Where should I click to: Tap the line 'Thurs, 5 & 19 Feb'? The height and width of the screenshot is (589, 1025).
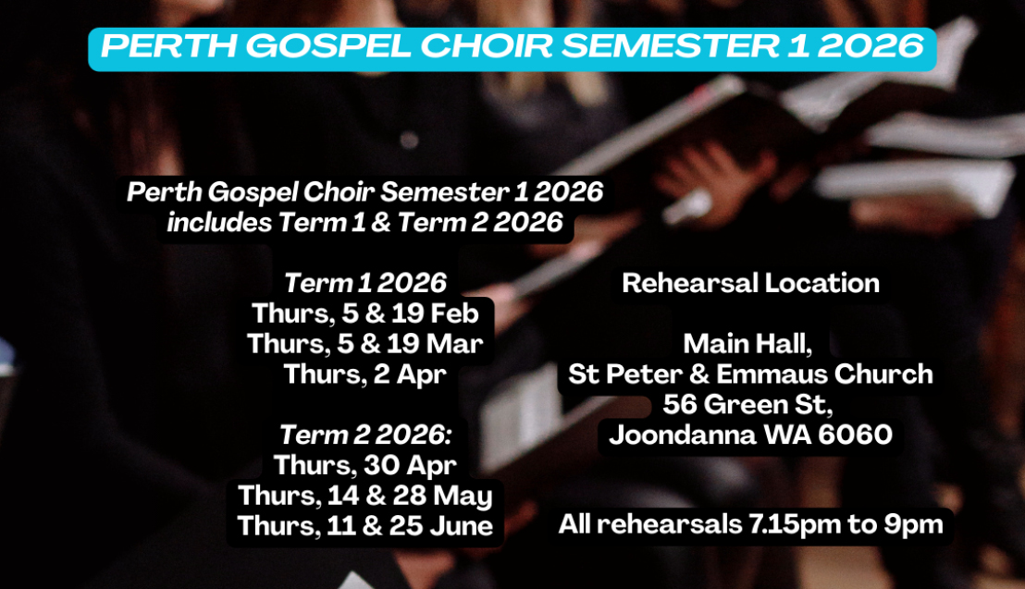pyautogui.click(x=365, y=313)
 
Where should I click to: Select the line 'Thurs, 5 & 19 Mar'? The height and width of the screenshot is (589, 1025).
pyautogui.click(x=365, y=344)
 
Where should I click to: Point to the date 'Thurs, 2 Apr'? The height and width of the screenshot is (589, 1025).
pyautogui.click(x=365, y=374)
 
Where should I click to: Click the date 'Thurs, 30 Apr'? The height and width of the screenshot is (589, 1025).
pyautogui.click(x=365, y=465)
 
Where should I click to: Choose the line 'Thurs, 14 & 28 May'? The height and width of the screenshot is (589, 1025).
pyautogui.click(x=365, y=496)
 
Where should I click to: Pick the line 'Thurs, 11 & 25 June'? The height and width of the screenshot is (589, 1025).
pyautogui.click(x=365, y=526)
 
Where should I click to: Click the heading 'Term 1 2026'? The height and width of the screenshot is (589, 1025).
pyautogui.click(x=365, y=283)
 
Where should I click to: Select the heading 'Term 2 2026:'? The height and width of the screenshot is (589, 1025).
pyautogui.click(x=365, y=435)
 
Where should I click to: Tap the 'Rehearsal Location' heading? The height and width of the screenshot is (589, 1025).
pyautogui.click(x=750, y=283)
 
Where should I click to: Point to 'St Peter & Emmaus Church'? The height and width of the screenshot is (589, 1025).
pyautogui.click(x=750, y=374)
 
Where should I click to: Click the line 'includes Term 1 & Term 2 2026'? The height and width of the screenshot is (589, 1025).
pyautogui.click(x=365, y=223)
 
